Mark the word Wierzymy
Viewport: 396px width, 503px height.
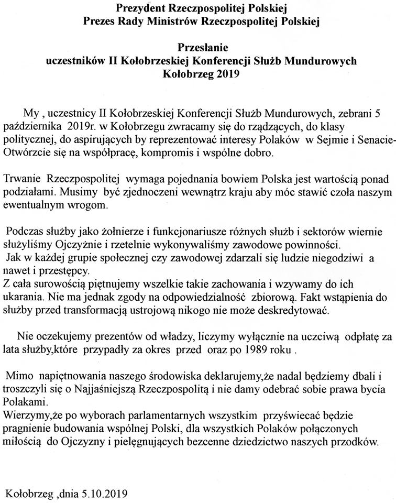(25, 415)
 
